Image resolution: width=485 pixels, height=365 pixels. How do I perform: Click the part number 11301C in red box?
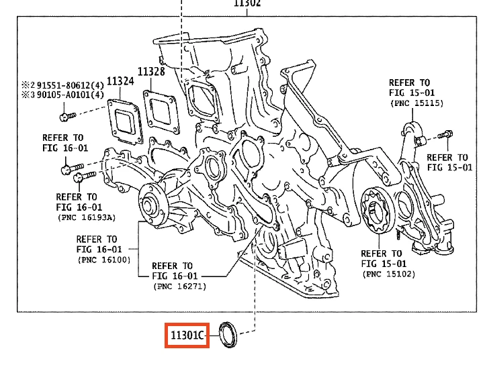[x=187, y=335]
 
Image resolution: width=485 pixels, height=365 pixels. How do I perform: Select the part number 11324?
[x=120, y=81]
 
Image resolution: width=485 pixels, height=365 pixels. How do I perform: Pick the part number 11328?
[x=152, y=72]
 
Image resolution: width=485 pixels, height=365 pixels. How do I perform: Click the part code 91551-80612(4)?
[x=70, y=85]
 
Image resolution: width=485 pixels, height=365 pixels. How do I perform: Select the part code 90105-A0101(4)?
[x=70, y=95]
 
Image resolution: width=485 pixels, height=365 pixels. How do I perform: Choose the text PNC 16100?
[x=103, y=259]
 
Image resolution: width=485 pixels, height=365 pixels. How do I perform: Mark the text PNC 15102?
[x=388, y=274]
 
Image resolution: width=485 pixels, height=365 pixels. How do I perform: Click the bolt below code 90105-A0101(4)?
[x=64, y=117]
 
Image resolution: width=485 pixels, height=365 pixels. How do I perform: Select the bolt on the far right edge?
[x=444, y=136]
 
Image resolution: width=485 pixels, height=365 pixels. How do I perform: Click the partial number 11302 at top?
[x=247, y=3]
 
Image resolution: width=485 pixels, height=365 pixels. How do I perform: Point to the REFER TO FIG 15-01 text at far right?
[x=449, y=162]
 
